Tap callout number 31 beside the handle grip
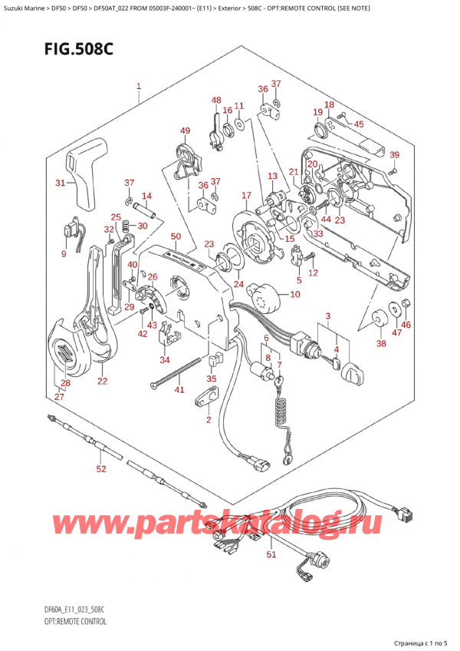click(x=61, y=183)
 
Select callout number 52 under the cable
click(x=101, y=468)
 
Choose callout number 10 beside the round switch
click(x=296, y=294)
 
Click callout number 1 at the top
click(x=138, y=87)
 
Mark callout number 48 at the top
click(x=216, y=101)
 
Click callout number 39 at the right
click(x=394, y=156)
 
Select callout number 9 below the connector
click(x=64, y=255)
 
